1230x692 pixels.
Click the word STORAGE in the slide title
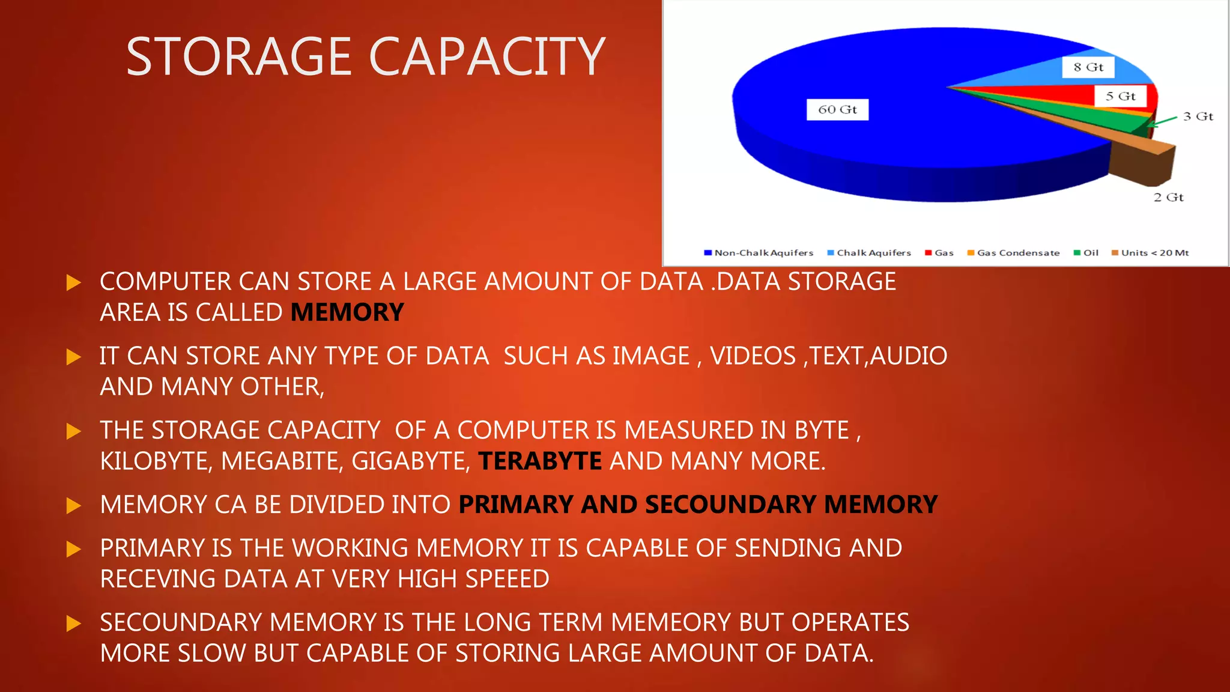(x=239, y=56)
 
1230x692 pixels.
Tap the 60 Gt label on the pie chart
(x=837, y=109)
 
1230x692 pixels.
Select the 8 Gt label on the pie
(x=1088, y=67)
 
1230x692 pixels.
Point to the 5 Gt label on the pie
(x=1120, y=96)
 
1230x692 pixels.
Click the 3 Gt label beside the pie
(x=1198, y=117)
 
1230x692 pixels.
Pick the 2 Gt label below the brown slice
(x=1168, y=197)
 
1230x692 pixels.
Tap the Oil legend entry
(x=1086, y=253)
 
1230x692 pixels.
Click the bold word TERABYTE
(x=540, y=461)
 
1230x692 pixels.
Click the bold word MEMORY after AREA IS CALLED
(x=347, y=312)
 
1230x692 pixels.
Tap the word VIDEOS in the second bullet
(x=753, y=356)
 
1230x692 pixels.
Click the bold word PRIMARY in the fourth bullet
(x=515, y=505)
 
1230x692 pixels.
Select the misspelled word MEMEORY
(x=671, y=622)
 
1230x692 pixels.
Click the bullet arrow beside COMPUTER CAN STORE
(x=73, y=282)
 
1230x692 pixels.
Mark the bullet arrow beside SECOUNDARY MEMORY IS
(x=73, y=624)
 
